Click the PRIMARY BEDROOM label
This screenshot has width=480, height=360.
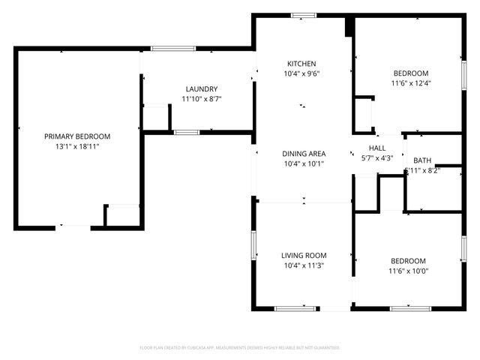(x=77, y=136)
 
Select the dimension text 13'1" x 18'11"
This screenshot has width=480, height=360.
(x=77, y=146)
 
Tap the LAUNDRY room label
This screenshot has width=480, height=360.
(x=202, y=88)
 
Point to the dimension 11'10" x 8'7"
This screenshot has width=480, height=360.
(x=202, y=98)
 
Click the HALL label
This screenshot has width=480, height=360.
(x=376, y=148)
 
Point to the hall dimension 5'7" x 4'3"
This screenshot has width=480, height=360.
(x=376, y=157)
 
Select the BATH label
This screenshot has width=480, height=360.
(x=422, y=160)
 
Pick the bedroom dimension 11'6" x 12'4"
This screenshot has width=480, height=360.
(x=410, y=82)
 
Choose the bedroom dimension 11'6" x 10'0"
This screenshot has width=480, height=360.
(x=409, y=271)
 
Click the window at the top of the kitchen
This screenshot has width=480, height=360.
(x=303, y=15)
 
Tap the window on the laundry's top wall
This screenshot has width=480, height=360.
(x=173, y=49)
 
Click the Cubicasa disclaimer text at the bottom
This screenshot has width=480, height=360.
(x=240, y=347)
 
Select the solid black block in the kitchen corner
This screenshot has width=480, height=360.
(x=349, y=27)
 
